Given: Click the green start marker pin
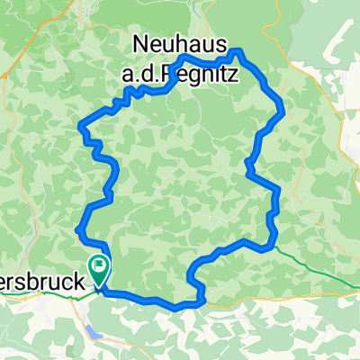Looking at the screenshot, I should pyautogui.click(x=98, y=267).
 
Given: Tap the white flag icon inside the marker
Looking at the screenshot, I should pyautogui.click(x=98, y=265).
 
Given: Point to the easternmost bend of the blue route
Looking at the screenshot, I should pyautogui.click(x=284, y=110).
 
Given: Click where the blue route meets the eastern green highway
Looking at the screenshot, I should pyautogui.click(x=270, y=241).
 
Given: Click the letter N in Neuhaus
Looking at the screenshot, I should pyautogui.click(x=142, y=41).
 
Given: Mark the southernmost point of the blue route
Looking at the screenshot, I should pyautogui.click(x=180, y=306).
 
